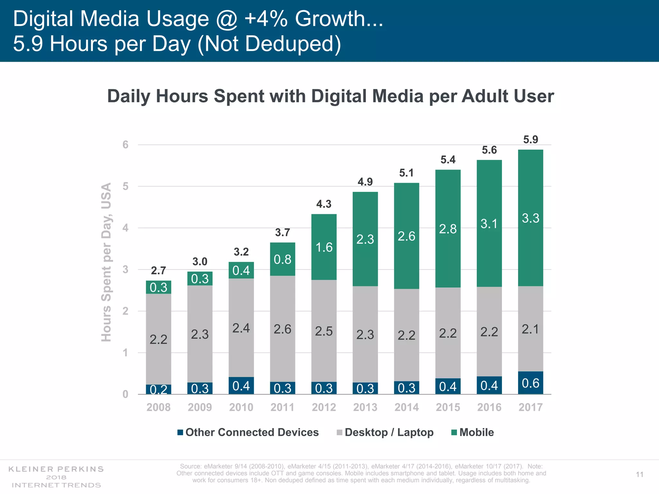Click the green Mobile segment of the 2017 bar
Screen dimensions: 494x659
(x=530, y=218)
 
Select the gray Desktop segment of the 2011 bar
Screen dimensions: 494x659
(x=282, y=329)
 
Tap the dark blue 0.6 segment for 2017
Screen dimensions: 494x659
(x=530, y=383)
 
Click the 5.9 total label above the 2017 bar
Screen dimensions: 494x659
(x=530, y=140)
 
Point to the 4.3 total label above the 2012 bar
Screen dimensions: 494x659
(x=324, y=204)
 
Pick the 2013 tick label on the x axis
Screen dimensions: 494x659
(x=365, y=407)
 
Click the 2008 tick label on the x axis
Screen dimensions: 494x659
(x=158, y=407)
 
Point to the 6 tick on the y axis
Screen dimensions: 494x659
(x=125, y=145)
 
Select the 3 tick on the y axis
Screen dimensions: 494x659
(x=125, y=270)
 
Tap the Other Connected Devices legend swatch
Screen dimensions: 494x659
(x=180, y=432)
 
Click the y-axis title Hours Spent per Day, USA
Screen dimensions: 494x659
(x=106, y=262)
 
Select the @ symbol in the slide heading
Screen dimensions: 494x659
(x=227, y=19)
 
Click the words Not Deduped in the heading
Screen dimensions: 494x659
(x=269, y=44)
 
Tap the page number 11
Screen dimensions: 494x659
(x=639, y=474)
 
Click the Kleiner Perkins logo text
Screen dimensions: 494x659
(x=56, y=469)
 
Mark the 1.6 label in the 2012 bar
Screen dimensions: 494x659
(x=324, y=247)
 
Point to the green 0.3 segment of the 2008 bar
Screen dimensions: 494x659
(x=158, y=287)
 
